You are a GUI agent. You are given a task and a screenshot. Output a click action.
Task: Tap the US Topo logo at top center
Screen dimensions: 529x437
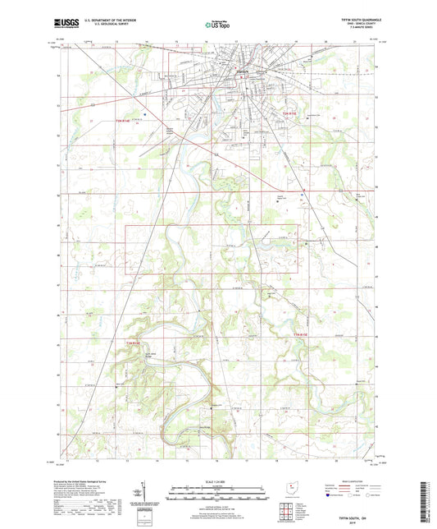click(218, 25)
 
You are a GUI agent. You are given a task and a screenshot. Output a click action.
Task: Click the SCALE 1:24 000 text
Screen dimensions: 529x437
click(218, 481)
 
